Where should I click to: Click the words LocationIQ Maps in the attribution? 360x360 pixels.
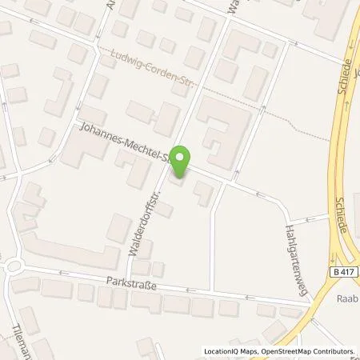(x=230, y=351)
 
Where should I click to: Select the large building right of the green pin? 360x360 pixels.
(x=220, y=128)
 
